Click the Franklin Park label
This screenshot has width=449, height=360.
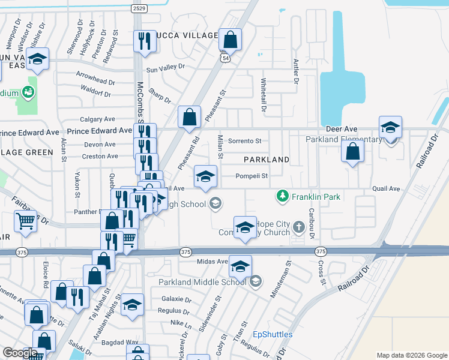pyautogui.click(x=316, y=196)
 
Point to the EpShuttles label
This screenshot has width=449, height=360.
pyautogui.click(x=273, y=334)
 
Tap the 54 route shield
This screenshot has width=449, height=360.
pyautogui.click(x=224, y=58)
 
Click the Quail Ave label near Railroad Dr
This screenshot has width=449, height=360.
pyautogui.click(x=386, y=188)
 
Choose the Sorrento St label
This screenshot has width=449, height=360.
pyautogui.click(x=246, y=141)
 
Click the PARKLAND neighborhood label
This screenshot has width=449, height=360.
pyautogui.click(x=266, y=160)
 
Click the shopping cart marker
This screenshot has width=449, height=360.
pyautogui.click(x=25, y=221)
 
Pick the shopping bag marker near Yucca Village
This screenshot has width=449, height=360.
pyautogui.click(x=230, y=40)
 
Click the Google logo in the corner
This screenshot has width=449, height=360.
pyautogui.click(x=20, y=352)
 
